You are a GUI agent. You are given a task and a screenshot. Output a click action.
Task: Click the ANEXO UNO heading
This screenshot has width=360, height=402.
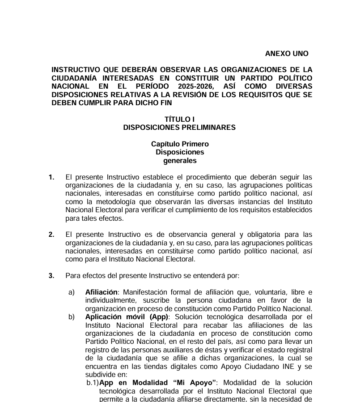click(287, 54)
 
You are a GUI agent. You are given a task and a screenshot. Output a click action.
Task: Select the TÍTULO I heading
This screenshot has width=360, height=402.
click(180, 120)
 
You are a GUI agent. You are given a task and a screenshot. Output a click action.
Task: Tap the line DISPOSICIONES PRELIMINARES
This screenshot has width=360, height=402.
click(179, 127)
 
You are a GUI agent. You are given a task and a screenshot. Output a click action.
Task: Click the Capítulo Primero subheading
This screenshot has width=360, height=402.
click(180, 144)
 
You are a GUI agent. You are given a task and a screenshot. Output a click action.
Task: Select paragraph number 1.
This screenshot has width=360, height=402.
click(51, 177)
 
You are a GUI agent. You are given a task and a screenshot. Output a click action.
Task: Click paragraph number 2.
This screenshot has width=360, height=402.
click(51, 235)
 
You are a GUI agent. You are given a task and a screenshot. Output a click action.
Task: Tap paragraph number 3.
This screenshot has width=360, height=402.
click(51, 276)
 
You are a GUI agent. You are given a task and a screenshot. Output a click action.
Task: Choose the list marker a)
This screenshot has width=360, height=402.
click(72, 292)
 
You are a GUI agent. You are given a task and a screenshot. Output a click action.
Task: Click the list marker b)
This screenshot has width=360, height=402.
click(72, 317)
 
